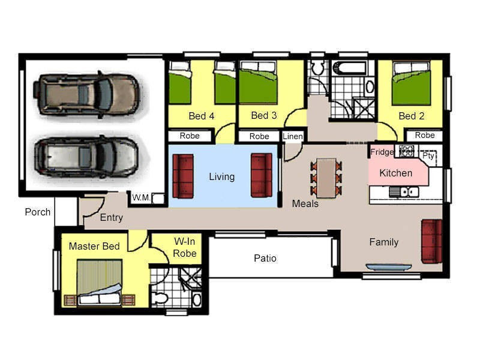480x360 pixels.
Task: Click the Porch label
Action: pos(38,212)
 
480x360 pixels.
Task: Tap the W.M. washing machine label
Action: pos(141,198)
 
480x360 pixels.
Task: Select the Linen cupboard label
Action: pos(293,136)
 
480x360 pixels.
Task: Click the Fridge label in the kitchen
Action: pos(382,152)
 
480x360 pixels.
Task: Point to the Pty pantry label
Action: pos(428,156)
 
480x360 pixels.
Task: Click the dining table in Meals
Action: pos(326,178)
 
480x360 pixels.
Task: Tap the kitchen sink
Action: pos(404,192)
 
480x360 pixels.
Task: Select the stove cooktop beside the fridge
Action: pos(406,151)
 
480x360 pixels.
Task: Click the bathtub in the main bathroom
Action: pos(349,68)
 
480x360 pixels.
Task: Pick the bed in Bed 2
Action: pos(412,83)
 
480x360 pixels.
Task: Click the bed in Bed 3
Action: pos(258,83)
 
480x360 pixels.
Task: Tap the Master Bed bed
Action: pos(100,282)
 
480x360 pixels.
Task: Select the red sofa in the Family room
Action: pos(432,241)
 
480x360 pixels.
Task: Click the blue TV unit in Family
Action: pos(389,267)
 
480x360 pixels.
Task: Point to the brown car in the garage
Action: pos(87,95)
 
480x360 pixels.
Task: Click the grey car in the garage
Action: pos(86,157)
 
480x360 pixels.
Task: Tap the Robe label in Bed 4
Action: pos(190,136)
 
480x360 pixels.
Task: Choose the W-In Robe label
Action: pos(185,247)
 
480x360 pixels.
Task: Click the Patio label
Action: pos(265,258)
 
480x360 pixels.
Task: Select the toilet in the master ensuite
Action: pos(160,298)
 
